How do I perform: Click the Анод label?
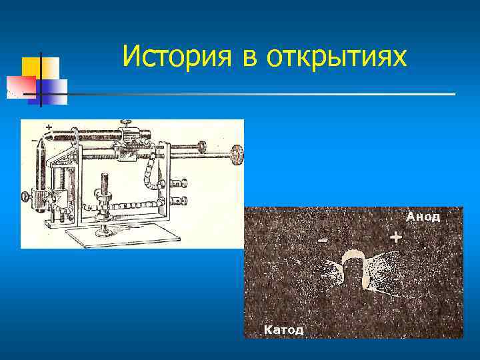pyautogui.click(x=423, y=217)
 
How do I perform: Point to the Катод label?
pyautogui.click(x=283, y=329)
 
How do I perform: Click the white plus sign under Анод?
pyautogui.click(x=396, y=237)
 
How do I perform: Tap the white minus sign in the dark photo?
pyautogui.click(x=323, y=240)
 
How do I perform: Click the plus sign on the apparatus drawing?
pyautogui.click(x=49, y=126)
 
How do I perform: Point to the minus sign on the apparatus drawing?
pyautogui.click(x=35, y=141)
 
